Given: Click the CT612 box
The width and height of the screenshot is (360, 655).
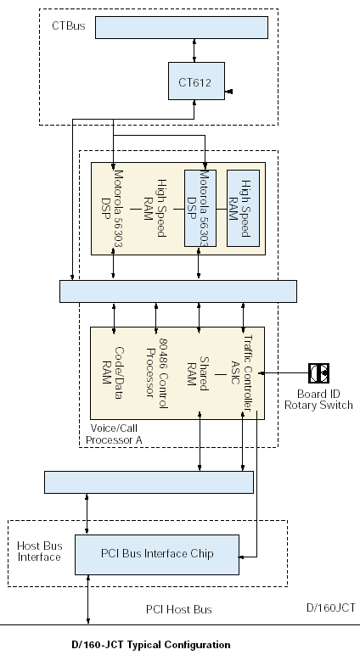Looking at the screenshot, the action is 196,81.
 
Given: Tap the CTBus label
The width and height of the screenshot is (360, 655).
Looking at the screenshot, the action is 69,26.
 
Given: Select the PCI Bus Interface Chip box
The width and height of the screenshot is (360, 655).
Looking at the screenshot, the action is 157,555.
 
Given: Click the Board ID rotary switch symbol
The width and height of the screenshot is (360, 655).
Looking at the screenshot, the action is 319,373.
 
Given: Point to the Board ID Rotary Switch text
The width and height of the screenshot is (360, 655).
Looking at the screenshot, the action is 318,400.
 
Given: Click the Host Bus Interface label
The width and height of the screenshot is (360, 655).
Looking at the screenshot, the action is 39,551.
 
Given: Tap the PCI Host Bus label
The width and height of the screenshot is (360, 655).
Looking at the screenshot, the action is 179,609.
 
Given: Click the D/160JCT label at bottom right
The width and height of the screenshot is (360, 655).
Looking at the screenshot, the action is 331,607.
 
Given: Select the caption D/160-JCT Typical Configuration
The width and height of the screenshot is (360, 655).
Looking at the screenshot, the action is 151,645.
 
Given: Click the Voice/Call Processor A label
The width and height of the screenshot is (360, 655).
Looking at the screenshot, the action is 114,434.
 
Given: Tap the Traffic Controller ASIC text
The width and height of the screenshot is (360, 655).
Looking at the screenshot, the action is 243,373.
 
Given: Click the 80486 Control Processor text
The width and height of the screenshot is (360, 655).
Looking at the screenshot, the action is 157,373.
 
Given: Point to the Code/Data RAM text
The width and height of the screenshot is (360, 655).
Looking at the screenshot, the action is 113,373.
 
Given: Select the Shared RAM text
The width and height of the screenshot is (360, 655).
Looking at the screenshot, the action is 198,373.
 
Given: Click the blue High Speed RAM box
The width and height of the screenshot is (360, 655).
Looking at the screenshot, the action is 244,208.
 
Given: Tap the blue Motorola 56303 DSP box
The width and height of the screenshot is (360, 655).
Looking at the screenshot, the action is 200,208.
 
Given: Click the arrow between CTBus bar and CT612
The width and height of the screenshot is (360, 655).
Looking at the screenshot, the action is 194,51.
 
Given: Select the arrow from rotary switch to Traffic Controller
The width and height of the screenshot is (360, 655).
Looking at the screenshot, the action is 284,373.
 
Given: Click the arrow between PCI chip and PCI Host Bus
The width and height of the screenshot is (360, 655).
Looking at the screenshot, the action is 87,600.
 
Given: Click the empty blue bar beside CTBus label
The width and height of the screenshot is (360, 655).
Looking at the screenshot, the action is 182,27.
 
